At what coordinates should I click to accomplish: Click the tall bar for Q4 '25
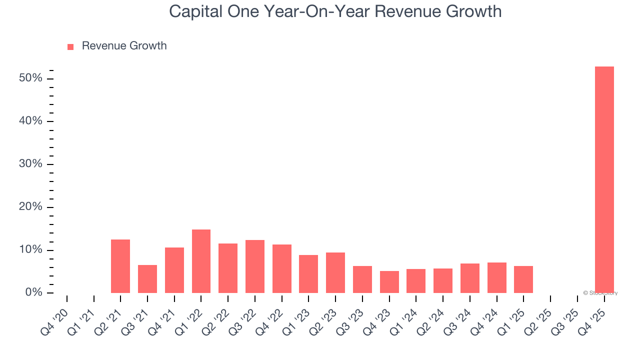(604, 179)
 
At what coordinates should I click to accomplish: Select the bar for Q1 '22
(201, 261)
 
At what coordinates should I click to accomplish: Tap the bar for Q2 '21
(120, 266)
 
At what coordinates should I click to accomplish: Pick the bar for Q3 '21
(147, 279)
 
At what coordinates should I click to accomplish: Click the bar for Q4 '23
(389, 282)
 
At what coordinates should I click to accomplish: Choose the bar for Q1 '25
(523, 279)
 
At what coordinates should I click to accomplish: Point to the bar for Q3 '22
(255, 266)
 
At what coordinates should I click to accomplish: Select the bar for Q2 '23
(335, 272)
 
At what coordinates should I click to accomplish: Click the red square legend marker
(70, 46)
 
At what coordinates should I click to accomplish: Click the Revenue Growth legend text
(124, 46)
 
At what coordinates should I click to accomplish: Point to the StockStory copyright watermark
(600, 293)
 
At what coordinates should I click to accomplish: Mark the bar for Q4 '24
(496, 277)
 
